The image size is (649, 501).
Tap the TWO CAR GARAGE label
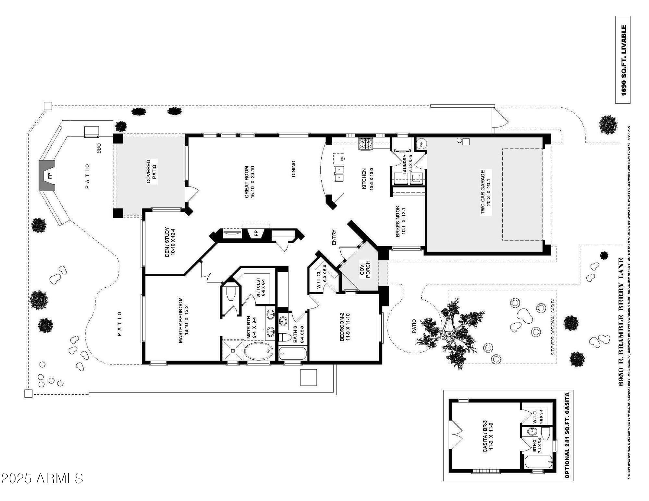pos(486,192)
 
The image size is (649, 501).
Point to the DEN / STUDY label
pos(170,242)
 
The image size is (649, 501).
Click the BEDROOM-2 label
pos(345,327)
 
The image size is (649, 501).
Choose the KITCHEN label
pos(367,179)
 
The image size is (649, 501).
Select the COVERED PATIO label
pos(151,171)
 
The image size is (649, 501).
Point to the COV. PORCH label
pos(365,270)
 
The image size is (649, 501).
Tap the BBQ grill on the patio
pos(92,132)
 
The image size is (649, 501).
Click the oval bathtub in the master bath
pos(259,352)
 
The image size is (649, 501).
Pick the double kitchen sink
pos(339,173)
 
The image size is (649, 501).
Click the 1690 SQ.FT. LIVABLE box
pos(623,60)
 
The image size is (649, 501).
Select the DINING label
pos(293,169)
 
